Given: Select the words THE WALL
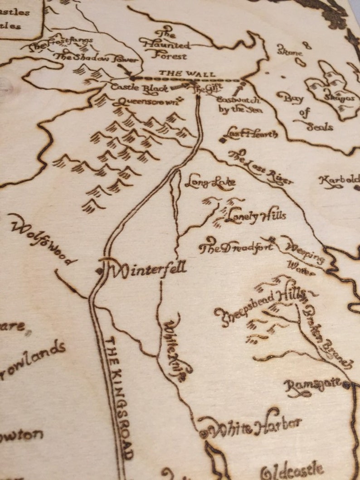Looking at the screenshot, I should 187,73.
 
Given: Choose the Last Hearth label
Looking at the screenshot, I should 251,134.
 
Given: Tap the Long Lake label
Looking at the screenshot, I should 210,183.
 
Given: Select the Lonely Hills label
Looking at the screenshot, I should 256,215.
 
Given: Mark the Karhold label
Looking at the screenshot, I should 339,180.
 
